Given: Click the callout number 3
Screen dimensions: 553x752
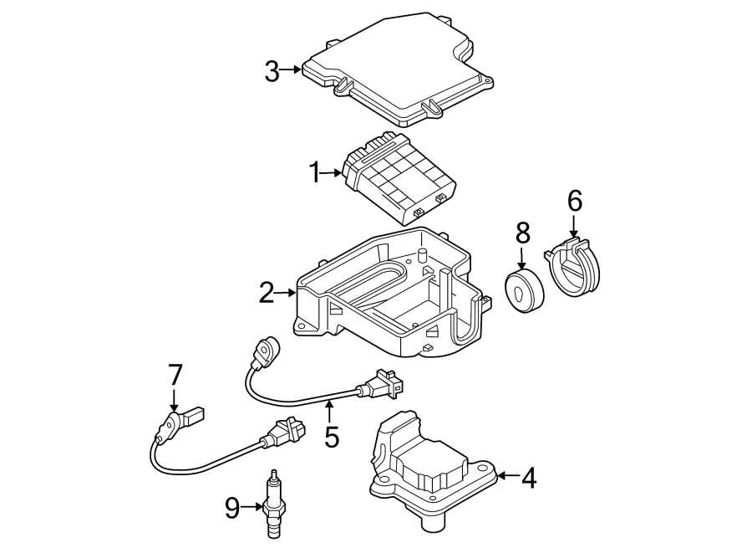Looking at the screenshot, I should tap(272, 72).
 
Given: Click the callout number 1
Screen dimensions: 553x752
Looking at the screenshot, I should tap(315, 173).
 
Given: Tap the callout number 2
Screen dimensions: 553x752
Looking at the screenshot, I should tap(266, 293).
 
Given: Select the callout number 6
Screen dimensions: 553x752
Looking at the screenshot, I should tap(574, 201).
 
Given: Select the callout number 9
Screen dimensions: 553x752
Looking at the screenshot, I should tap(232, 505).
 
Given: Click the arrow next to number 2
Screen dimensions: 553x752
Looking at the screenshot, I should tap(287, 293).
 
